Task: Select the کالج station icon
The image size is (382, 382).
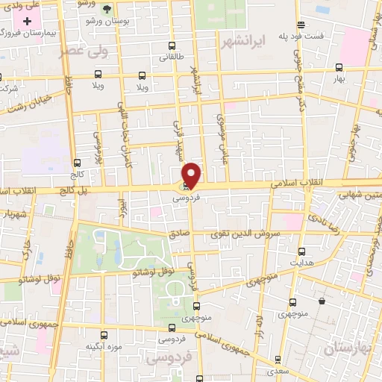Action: pyautogui.click(x=77, y=163)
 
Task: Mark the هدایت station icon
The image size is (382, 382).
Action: pyautogui.click(x=301, y=251)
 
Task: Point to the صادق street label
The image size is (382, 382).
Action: pyautogui.click(x=180, y=234)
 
